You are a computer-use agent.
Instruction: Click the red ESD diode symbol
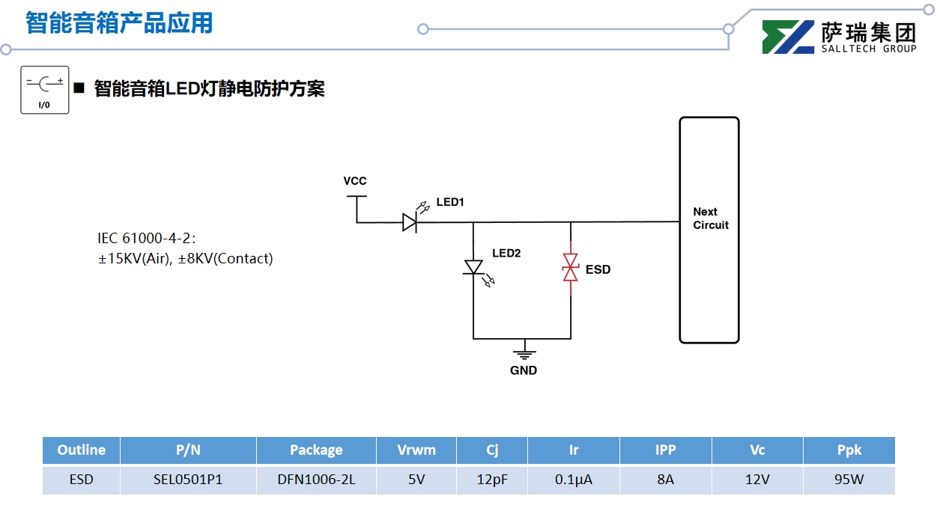click(571, 268)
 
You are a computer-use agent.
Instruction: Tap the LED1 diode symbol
click(410, 221)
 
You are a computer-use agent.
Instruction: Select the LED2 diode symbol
click(473, 267)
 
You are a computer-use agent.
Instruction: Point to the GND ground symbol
click(524, 353)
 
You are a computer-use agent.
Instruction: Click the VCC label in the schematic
click(355, 181)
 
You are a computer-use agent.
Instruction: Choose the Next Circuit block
click(709, 230)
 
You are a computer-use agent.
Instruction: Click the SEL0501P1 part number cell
click(188, 480)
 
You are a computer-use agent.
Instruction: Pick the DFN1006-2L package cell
click(316, 480)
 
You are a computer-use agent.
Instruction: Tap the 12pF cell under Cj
click(492, 480)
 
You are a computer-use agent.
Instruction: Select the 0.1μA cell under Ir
click(574, 480)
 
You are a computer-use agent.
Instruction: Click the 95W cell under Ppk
click(849, 480)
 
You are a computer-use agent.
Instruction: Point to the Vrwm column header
click(416, 450)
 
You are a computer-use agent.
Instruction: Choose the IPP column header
click(665, 450)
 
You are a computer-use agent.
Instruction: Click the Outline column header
click(81, 450)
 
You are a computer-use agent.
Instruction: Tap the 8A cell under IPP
click(665, 480)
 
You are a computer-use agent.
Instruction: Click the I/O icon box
click(45, 90)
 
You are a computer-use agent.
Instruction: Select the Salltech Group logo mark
click(788, 37)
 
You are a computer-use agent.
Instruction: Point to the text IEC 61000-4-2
click(146, 239)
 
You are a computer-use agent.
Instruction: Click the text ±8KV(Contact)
click(225, 259)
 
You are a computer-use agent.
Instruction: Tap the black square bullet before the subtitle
click(79, 88)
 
